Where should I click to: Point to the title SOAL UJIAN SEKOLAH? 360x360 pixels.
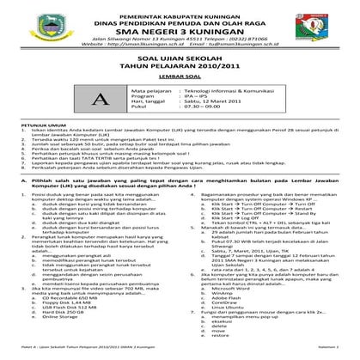click(180, 74)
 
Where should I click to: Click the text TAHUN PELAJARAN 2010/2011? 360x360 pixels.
click(180, 83)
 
